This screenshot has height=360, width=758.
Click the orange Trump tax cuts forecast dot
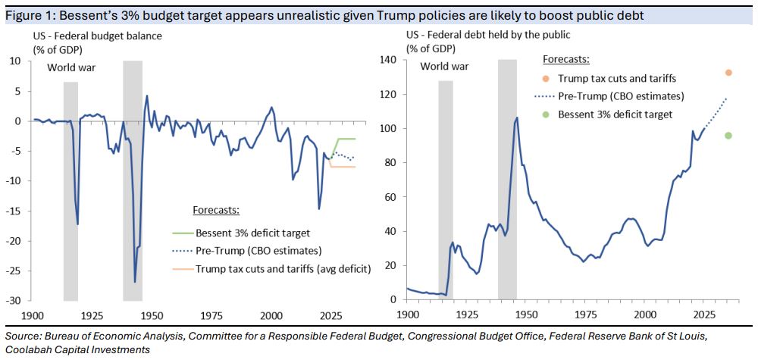tap(728, 73)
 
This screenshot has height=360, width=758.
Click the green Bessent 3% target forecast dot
tap(728, 136)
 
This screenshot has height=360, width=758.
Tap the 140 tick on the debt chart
tap(392, 60)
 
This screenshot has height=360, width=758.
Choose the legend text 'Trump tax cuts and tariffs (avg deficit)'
tap(283, 268)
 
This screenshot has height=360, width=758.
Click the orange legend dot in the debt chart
tap(546, 78)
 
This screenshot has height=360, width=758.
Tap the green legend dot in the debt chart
tap(546, 114)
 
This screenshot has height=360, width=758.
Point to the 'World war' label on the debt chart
tap(445, 66)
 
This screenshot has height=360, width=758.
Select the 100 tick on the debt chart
tap(392, 128)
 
